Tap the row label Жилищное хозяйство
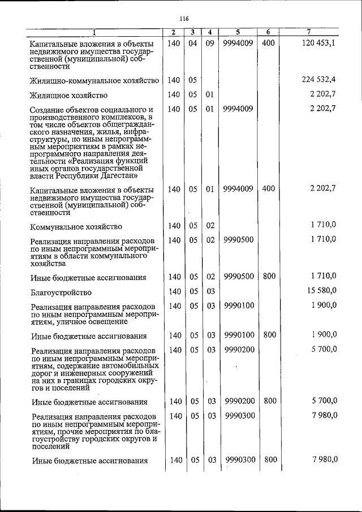[69, 95]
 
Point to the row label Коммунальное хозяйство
[76, 226]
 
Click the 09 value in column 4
[209, 42]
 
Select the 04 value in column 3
[193, 42]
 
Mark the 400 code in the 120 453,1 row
[269, 42]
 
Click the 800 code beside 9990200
[270, 401]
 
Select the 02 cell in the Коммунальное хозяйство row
[210, 226]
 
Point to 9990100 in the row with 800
[238, 335]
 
